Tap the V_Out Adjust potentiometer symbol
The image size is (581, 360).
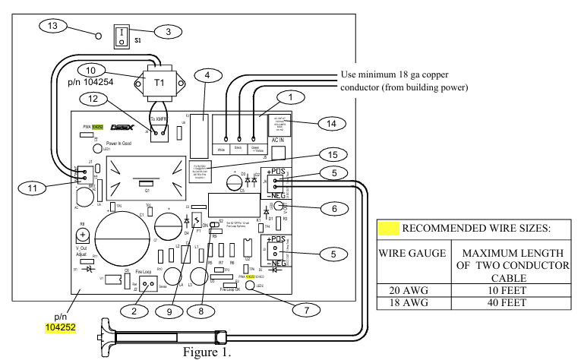pos(82,235)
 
